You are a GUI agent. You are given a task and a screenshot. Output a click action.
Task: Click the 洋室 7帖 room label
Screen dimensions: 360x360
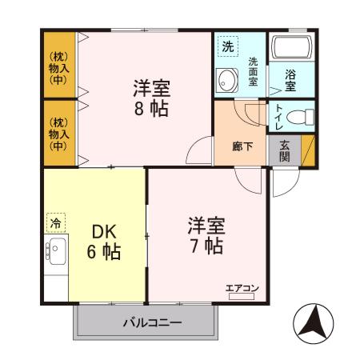point(205,235)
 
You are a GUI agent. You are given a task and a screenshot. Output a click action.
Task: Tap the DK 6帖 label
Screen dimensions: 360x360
point(104,242)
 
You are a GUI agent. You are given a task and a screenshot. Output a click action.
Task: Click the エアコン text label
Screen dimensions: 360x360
point(241,287)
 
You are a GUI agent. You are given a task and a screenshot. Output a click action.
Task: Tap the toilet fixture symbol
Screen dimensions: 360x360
point(302,116)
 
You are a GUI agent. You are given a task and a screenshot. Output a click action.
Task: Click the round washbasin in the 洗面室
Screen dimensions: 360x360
point(226,81)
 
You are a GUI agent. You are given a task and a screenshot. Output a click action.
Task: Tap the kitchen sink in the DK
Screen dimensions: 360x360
point(56,253)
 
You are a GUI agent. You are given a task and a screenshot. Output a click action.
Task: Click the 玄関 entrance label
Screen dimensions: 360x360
point(286,150)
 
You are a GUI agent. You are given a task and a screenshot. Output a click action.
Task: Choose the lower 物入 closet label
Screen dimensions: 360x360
point(58,134)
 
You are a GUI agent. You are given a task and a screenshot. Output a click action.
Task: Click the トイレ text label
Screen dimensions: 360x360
point(278,115)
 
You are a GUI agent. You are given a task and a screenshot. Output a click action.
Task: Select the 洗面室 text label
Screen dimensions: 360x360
point(252,72)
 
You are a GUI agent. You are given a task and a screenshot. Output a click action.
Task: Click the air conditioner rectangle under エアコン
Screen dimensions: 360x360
point(241,296)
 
